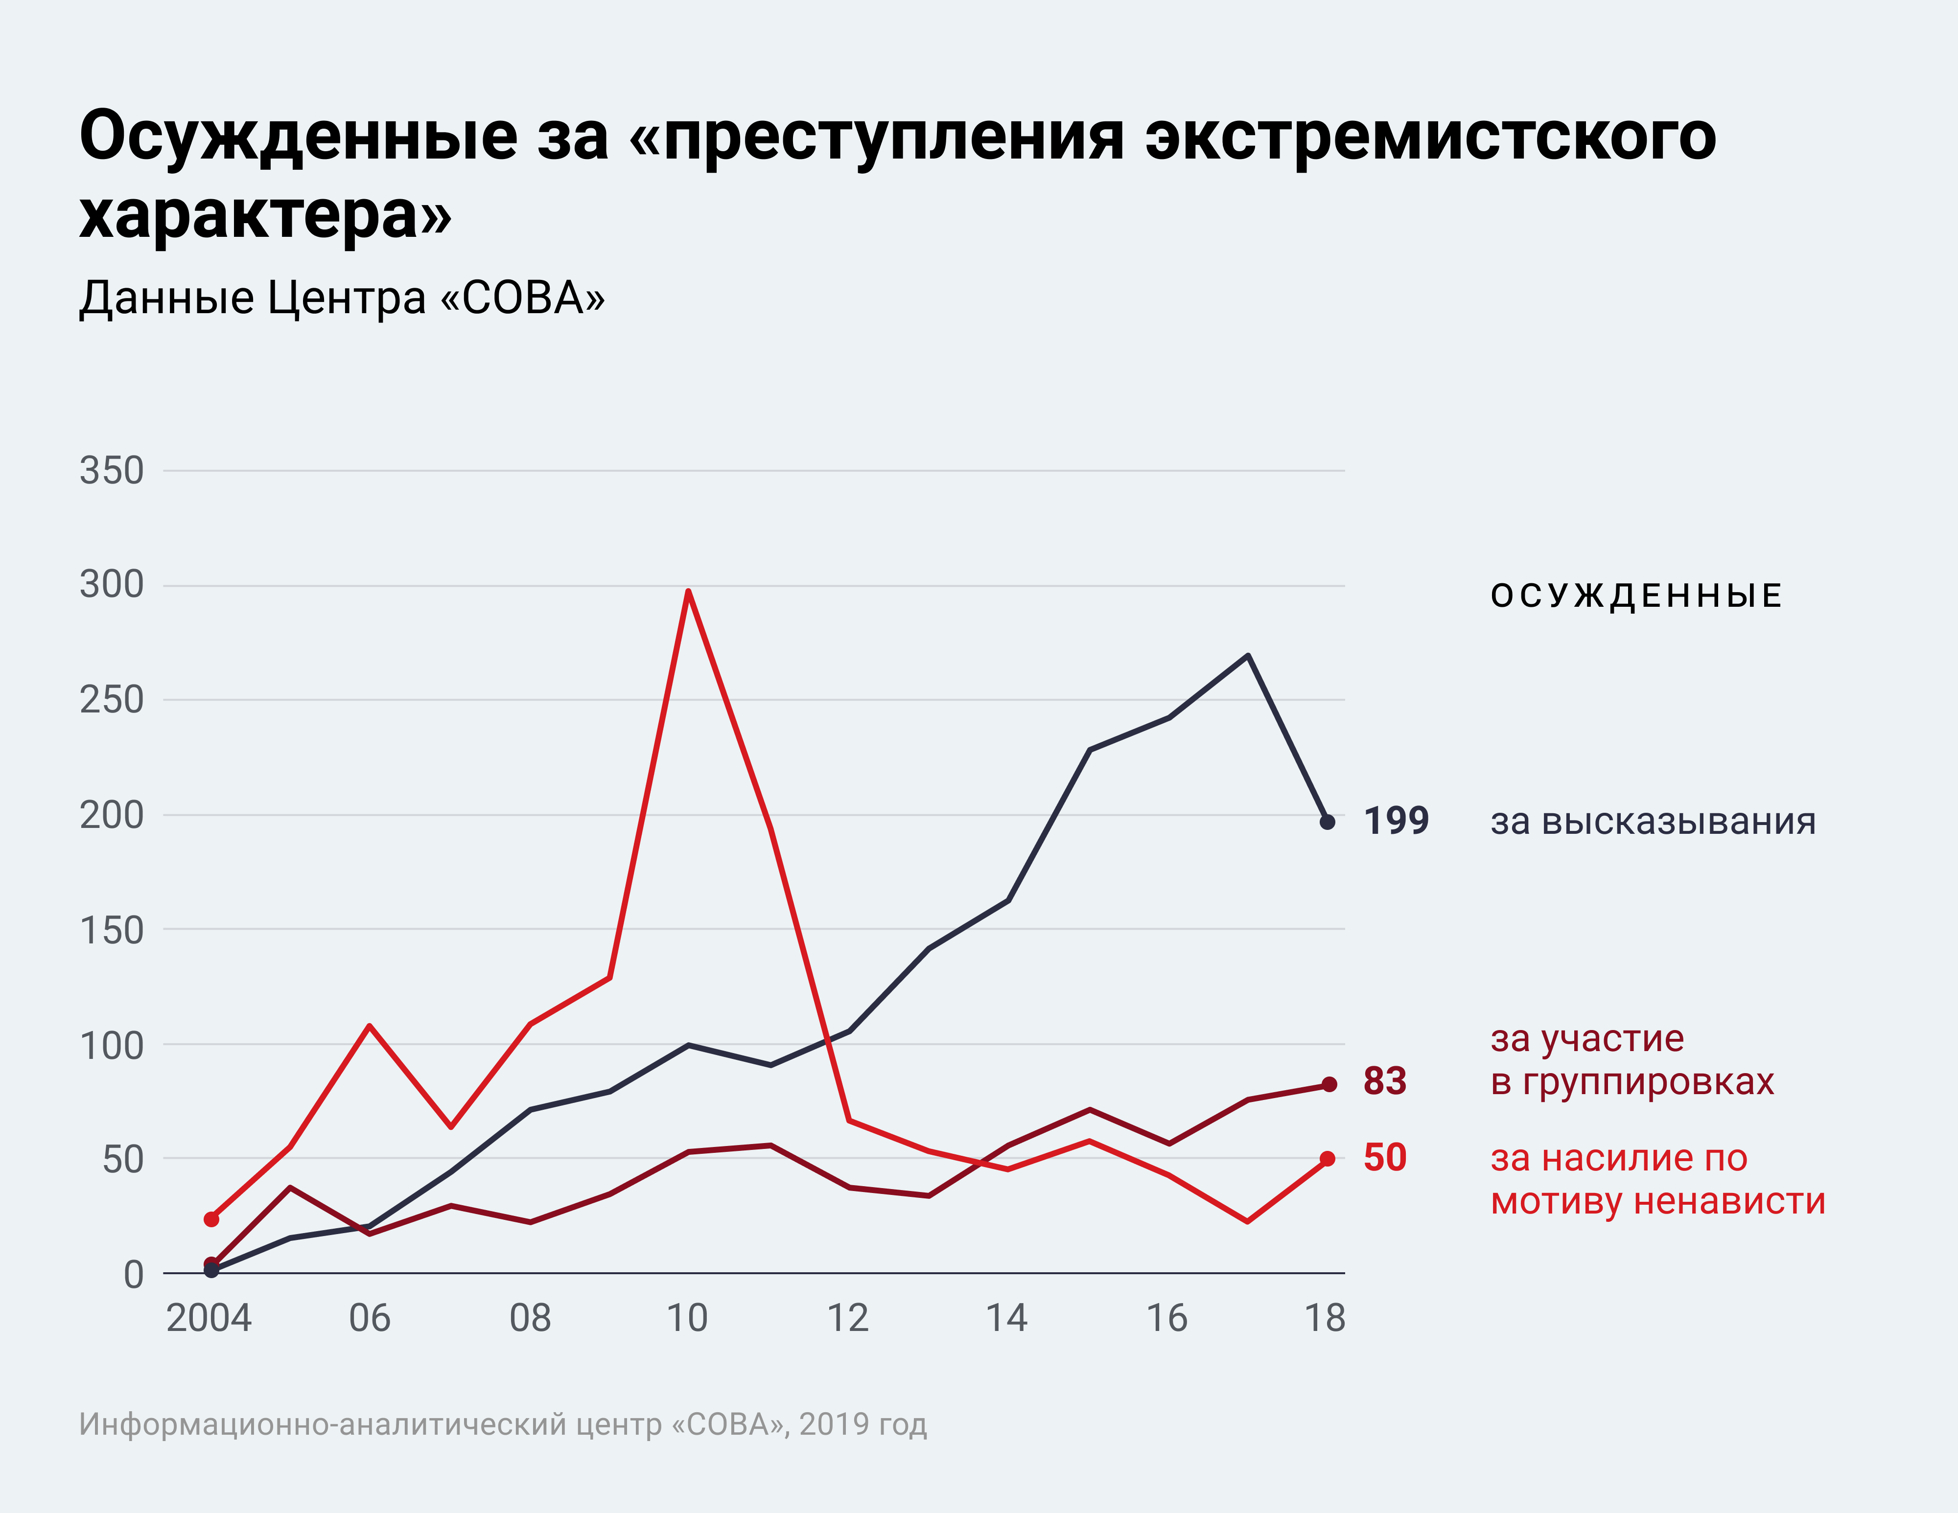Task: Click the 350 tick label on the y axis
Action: [111, 471]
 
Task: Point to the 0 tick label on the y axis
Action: [134, 1274]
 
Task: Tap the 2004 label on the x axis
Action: [209, 1319]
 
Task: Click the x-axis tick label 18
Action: [1324, 1319]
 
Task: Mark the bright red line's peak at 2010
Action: [688, 592]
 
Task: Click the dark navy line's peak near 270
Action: [1248, 655]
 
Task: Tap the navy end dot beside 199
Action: [1328, 822]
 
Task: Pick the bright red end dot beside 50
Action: [1328, 1159]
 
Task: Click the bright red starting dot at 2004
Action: [211, 1219]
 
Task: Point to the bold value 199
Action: [1396, 821]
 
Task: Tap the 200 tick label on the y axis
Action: [111, 816]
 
